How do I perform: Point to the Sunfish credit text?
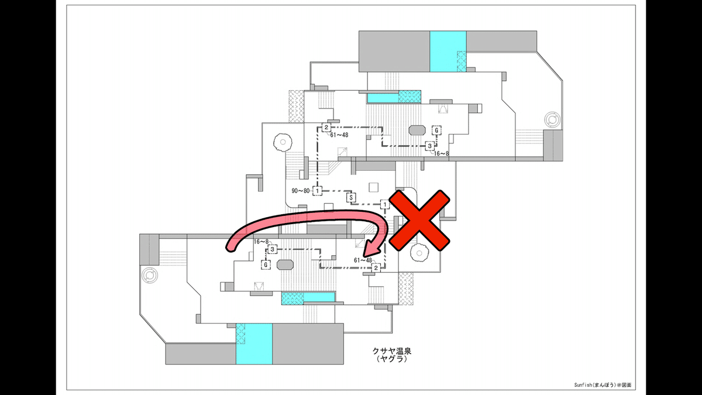click(x=603, y=385)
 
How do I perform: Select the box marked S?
click(x=351, y=197)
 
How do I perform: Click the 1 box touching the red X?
click(x=384, y=204)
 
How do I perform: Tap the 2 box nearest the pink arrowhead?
click(x=376, y=267)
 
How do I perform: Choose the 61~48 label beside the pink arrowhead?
click(x=363, y=260)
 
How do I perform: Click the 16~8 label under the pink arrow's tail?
click(x=261, y=242)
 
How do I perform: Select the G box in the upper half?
click(x=436, y=130)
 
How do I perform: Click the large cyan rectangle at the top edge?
click(x=448, y=51)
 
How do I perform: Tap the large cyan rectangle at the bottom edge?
click(x=254, y=344)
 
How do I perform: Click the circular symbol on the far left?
click(x=150, y=274)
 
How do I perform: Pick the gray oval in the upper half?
click(x=417, y=130)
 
